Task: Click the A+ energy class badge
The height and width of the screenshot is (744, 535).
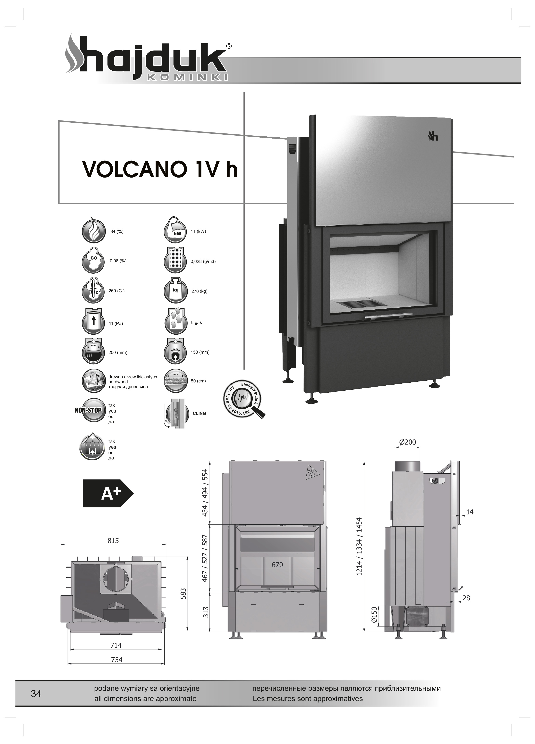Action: (x=108, y=493)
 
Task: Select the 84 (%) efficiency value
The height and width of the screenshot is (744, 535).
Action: (x=117, y=232)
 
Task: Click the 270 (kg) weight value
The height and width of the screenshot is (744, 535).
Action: (x=199, y=291)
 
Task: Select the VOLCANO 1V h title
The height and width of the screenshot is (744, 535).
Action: (x=160, y=169)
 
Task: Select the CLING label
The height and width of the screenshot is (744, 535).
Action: (x=199, y=413)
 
